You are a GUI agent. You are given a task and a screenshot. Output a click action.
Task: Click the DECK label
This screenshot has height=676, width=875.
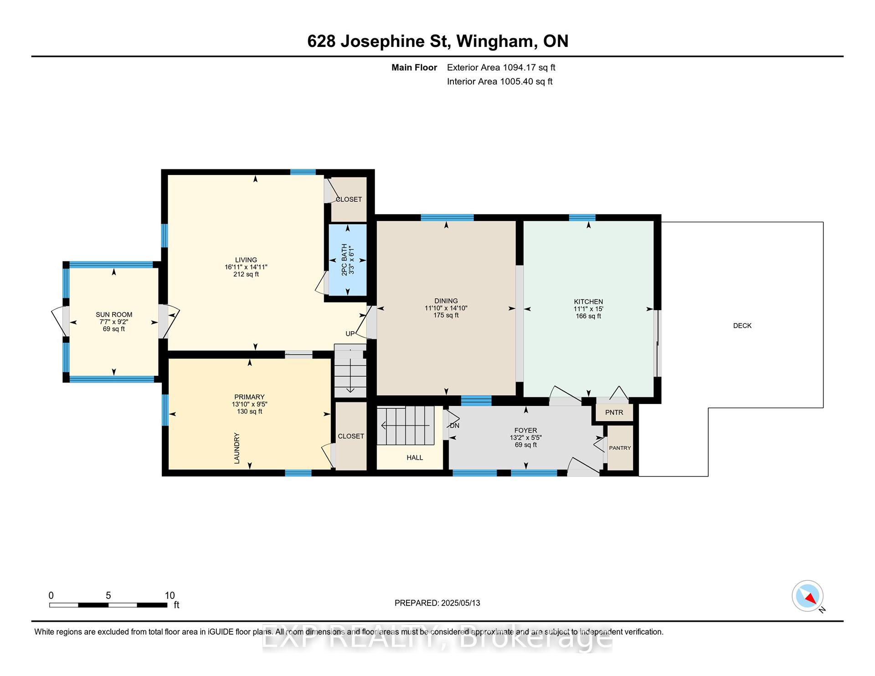[742, 326]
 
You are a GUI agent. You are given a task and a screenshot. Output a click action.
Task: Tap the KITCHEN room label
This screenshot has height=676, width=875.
[588, 302]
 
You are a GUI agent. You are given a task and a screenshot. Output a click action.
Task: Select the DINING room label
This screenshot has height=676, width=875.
[446, 301]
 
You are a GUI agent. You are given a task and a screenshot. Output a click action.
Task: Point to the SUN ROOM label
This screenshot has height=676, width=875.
[114, 314]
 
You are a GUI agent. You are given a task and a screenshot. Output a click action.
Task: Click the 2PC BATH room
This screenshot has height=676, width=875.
[348, 260]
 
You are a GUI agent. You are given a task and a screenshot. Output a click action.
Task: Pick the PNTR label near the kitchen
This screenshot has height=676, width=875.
[614, 412]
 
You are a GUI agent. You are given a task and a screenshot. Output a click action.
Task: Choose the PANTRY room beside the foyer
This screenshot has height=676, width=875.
[620, 447]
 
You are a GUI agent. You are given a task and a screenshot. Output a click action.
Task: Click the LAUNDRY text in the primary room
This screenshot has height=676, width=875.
[237, 448]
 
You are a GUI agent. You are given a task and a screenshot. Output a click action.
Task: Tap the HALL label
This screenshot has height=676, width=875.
[415, 457]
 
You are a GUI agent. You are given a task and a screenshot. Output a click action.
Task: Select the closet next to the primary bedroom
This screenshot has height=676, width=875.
[351, 436]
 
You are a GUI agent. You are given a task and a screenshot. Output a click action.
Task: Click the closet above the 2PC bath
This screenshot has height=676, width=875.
[349, 199]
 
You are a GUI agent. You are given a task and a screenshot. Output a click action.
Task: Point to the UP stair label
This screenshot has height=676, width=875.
[350, 333]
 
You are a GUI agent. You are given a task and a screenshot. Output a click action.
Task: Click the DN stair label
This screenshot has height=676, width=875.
[454, 425]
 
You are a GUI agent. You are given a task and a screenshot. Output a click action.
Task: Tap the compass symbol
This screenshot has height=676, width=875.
[808, 596]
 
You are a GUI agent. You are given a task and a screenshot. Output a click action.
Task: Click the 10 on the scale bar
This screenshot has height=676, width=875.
[170, 595]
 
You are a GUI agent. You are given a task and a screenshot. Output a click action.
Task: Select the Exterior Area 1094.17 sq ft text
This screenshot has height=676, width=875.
[501, 67]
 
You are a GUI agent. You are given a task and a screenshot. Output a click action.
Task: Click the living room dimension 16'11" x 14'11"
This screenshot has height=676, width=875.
[246, 267]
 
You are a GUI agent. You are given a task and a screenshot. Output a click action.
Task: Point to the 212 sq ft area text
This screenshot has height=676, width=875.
[246, 274]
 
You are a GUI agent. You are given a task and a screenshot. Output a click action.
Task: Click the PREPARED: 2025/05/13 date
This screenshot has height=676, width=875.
[437, 603]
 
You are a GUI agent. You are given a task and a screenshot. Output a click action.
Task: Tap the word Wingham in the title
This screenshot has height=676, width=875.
[494, 41]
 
